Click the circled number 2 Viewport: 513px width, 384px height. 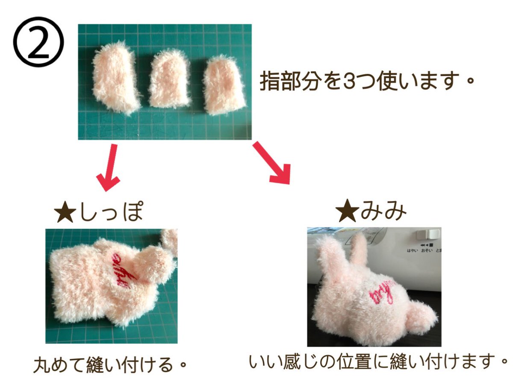coord(39,44)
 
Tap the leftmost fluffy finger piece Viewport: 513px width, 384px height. coord(115,80)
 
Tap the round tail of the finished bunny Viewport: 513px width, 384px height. coord(422,316)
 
